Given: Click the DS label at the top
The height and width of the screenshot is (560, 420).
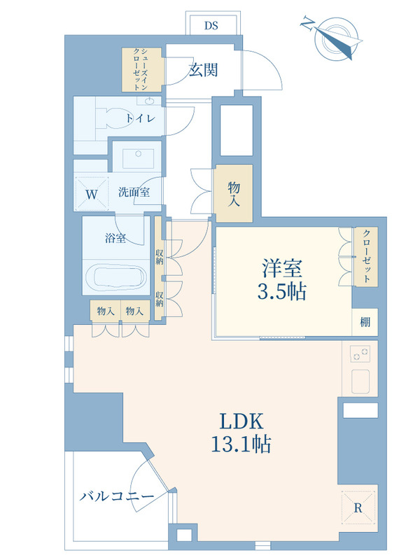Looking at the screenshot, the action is click(x=211, y=26).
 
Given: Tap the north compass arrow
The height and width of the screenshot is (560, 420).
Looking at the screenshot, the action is click(x=337, y=41).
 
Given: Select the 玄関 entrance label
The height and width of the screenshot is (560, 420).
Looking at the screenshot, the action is click(x=203, y=70).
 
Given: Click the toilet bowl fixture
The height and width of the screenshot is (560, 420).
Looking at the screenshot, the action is click(x=113, y=118).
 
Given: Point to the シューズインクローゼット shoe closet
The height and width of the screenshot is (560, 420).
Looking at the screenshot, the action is click(x=143, y=69).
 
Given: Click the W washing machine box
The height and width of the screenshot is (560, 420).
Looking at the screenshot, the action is click(x=92, y=194).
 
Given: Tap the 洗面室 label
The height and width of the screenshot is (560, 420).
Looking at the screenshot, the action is click(x=134, y=192).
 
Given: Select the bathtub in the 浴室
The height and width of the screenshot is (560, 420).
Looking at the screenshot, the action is click(x=115, y=276).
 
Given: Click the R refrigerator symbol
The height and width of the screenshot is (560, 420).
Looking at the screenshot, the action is click(x=358, y=507).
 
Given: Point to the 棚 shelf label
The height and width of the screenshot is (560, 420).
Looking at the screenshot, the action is click(x=365, y=322).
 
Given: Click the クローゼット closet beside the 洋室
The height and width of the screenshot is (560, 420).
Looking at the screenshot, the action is click(x=366, y=256).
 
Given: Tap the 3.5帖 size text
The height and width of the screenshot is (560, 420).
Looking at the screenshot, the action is click(x=282, y=292).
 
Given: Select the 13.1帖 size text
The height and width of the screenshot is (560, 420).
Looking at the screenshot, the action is click(x=241, y=444).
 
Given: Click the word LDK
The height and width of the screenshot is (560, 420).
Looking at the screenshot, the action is click(x=241, y=421).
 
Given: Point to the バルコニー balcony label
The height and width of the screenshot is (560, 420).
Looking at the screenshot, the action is click(x=117, y=496).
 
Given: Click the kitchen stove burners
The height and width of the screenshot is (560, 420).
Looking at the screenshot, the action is click(x=360, y=354).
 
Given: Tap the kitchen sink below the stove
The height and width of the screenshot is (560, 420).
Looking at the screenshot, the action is click(x=360, y=381).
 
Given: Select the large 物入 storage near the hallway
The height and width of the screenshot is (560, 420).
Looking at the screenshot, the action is click(x=234, y=193).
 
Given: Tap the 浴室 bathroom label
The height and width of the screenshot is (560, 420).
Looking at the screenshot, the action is click(x=115, y=238).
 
